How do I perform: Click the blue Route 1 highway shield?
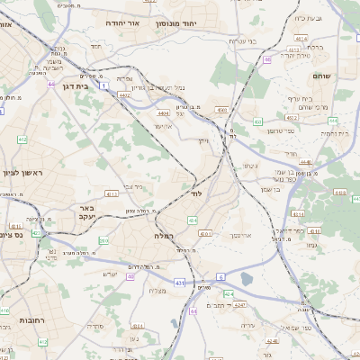click(x=103, y=85)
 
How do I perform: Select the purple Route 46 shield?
click(x=267, y=59)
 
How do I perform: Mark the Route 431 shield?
click(x=179, y=283)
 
